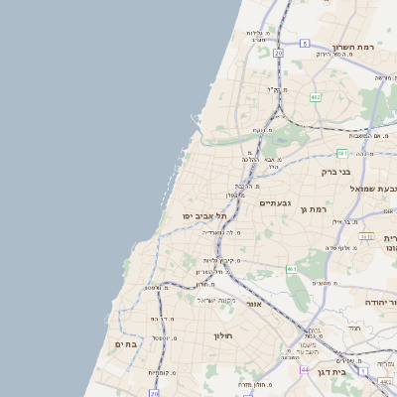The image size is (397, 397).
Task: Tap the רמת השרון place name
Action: (x=353, y=47)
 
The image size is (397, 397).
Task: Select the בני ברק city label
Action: (x=336, y=172)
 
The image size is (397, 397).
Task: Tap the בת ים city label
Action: (x=129, y=343)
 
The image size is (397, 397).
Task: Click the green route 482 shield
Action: (x=315, y=97)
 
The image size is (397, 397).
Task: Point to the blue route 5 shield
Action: (x=305, y=44)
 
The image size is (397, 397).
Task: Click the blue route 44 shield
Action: (x=304, y=369)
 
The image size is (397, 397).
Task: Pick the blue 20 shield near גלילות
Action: (x=279, y=52)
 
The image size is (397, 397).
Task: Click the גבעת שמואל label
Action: (x=376, y=188)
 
